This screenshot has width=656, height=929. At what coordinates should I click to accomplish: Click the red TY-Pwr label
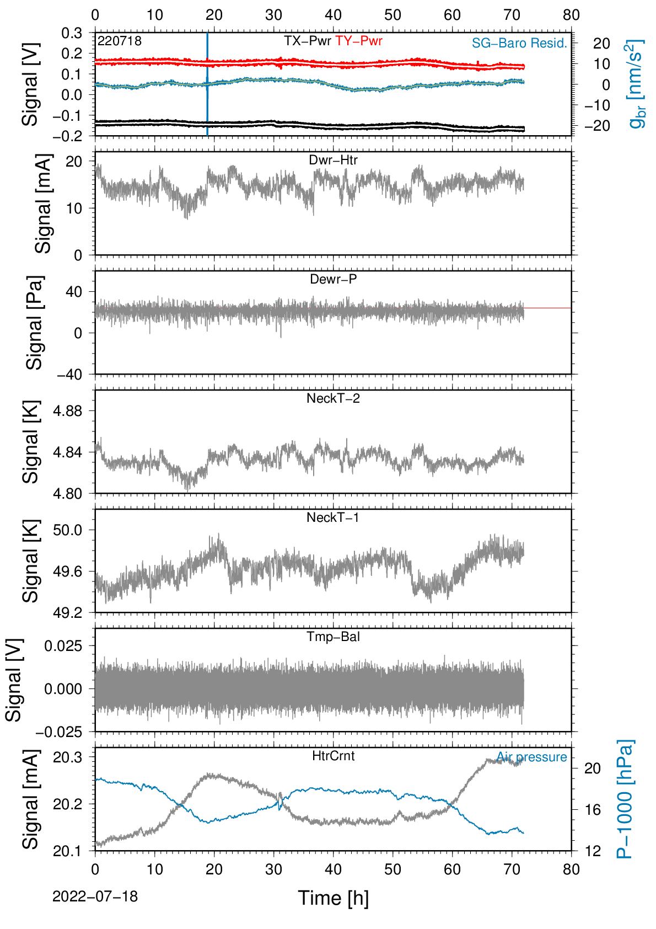(358, 41)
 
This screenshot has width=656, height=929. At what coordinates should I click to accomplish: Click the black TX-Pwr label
(308, 41)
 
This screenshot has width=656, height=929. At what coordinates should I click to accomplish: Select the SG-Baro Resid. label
(519, 43)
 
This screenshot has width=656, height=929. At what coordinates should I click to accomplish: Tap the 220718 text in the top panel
(120, 41)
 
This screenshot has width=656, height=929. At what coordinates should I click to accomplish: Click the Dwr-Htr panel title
(333, 160)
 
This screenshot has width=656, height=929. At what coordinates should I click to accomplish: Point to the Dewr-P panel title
(333, 279)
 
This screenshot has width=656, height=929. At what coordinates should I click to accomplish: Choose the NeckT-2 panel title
(333, 398)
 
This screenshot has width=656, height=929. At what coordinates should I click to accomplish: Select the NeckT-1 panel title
(333, 517)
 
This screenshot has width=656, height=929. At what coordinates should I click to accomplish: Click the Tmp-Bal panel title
(333, 636)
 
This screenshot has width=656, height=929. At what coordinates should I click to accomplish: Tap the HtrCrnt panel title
(333, 756)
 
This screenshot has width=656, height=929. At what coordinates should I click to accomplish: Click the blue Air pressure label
(531, 757)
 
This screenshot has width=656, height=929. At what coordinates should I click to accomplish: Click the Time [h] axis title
(333, 898)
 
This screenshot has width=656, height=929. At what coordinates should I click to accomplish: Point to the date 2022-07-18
(95, 896)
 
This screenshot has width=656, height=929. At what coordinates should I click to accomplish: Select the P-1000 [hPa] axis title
(625, 799)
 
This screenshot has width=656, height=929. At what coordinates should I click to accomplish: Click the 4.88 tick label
(68, 411)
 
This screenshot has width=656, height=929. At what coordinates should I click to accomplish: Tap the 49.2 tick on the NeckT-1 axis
(68, 612)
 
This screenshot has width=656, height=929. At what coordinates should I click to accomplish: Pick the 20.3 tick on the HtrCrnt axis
(68, 758)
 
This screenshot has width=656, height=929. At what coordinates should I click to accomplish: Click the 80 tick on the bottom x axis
(571, 869)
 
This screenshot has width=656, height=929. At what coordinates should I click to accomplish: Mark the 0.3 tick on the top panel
(72, 33)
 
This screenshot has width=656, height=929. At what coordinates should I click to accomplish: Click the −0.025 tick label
(59, 732)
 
